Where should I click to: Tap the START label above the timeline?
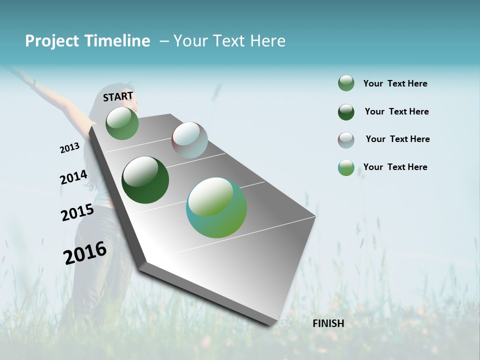[118, 96]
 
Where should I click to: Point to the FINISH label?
[328, 323]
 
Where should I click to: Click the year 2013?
[69, 148]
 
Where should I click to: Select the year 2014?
[73, 177]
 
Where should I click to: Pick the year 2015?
[77, 212]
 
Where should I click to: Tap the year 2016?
[85, 253]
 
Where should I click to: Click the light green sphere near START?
[122, 123]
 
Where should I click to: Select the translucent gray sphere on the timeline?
[189, 140]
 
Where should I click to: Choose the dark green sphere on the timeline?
[145, 180]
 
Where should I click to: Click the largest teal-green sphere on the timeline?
[216, 207]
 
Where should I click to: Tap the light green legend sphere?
[346, 83]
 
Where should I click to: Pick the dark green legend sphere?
[346, 112]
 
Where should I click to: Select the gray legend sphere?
[346, 140]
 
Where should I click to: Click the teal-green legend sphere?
[346, 168]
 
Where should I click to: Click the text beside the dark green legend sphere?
[396, 111]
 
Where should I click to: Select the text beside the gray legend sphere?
[397, 139]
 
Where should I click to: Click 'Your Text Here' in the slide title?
[229, 41]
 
